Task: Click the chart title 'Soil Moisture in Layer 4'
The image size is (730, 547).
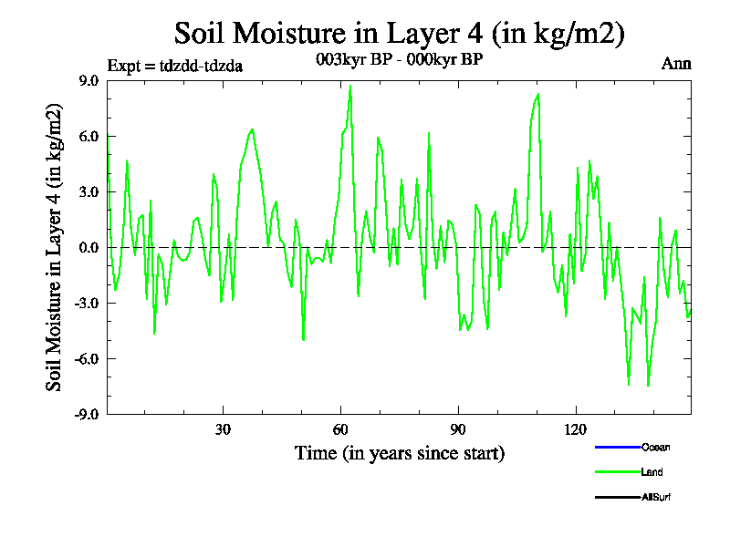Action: (399, 34)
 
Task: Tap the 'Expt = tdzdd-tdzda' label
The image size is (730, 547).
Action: (174, 66)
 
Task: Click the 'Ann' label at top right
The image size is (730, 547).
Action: (676, 64)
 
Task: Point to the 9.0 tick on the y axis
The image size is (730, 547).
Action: (89, 80)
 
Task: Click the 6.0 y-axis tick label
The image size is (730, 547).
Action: (89, 136)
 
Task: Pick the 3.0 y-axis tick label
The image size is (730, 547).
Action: (89, 191)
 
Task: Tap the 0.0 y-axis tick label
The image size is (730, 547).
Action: (89, 247)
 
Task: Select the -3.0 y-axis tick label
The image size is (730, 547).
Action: (87, 303)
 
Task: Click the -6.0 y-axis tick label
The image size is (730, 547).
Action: (87, 358)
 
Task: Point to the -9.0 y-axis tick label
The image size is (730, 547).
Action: (87, 414)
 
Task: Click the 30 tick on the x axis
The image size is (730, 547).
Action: (223, 428)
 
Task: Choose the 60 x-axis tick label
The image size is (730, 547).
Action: (340, 428)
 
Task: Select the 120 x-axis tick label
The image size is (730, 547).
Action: (576, 428)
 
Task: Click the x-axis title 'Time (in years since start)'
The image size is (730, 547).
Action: (399, 453)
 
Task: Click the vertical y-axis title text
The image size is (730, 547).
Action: (56, 247)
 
